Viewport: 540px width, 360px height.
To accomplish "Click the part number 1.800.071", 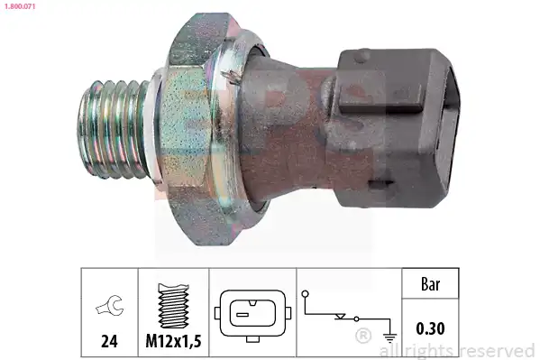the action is tap(20, 6).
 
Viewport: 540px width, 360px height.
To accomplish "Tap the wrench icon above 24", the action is tap(109, 305).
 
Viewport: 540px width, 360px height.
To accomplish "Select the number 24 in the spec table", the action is tap(109, 341).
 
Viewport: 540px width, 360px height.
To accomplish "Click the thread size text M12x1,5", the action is tap(173, 341).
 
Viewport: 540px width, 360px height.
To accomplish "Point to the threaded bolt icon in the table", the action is tap(173, 306).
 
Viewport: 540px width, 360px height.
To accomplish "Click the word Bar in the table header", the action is tap(431, 284).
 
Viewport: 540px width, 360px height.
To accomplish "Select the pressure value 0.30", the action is tap(430, 328).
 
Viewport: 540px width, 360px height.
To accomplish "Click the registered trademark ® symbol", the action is tap(363, 336).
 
